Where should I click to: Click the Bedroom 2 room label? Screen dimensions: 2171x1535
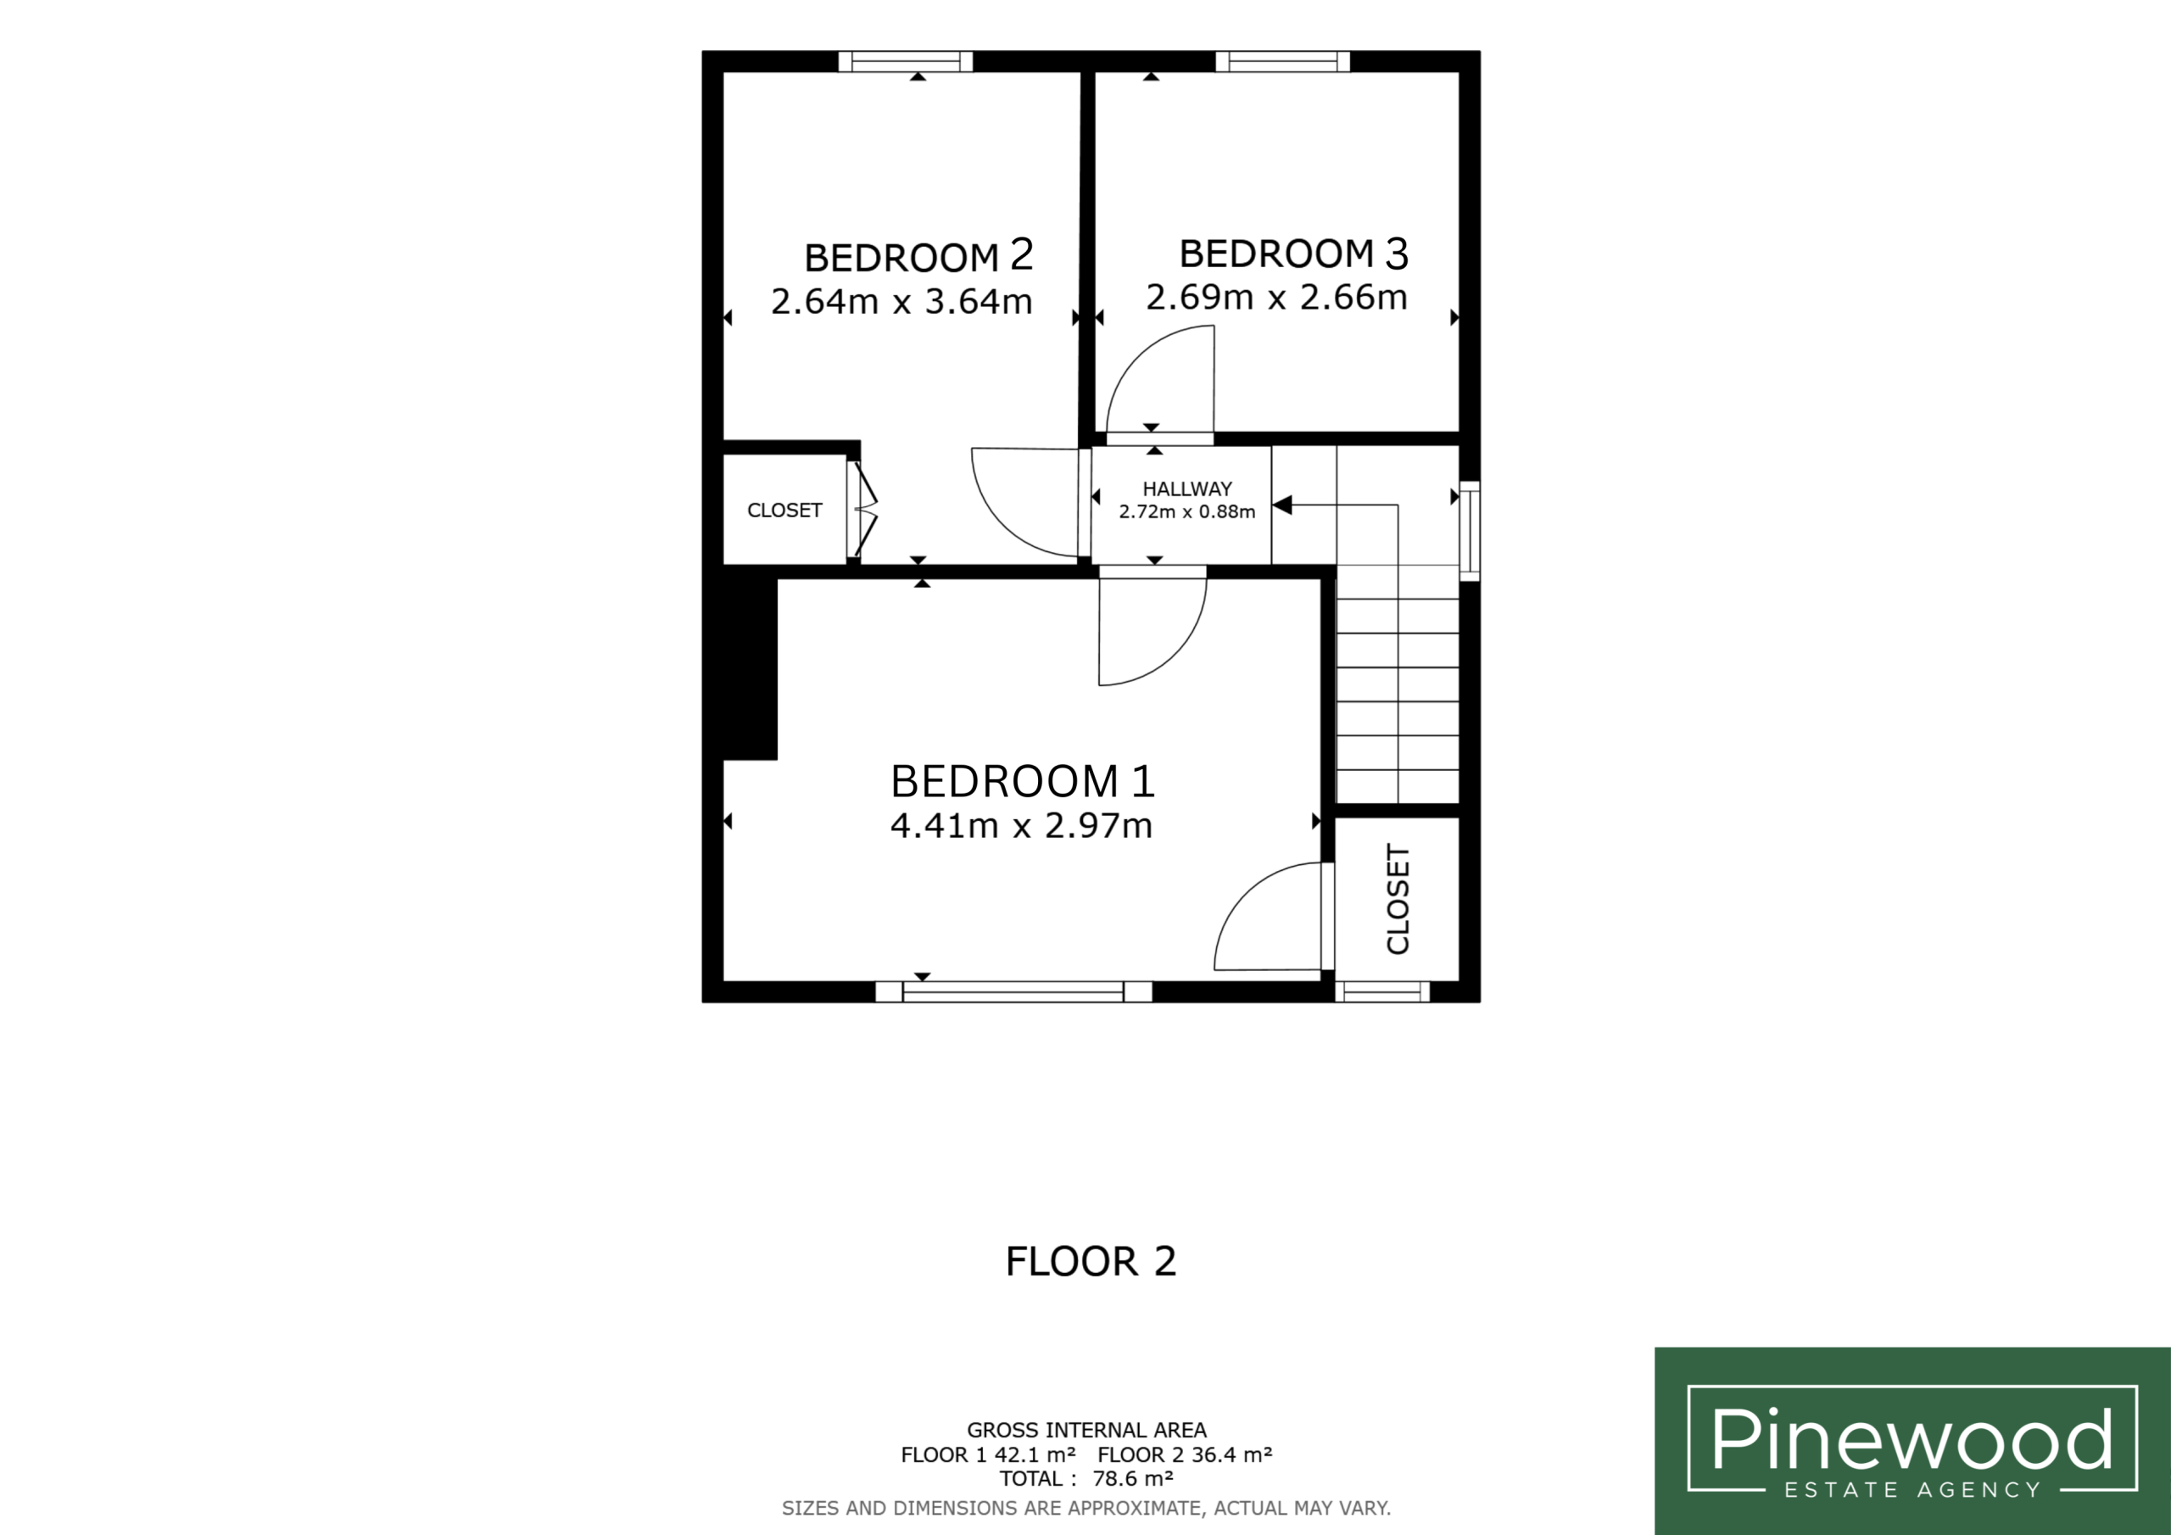918,255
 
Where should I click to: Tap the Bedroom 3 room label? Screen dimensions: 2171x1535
1293,253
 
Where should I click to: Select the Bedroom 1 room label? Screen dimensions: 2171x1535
1022,781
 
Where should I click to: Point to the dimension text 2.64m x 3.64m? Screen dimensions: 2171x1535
901,302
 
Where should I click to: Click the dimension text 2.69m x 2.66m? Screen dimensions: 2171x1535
1276,298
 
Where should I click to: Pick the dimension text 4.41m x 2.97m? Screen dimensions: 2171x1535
1021,826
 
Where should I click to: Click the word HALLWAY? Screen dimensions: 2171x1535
1186,489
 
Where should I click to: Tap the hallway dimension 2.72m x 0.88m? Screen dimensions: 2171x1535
1186,512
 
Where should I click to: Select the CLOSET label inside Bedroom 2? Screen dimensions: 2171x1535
784,511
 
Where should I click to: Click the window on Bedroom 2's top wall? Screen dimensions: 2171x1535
905,61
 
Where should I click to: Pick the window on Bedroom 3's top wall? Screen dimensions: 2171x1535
1282,61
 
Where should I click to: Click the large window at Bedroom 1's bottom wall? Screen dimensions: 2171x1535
1013,991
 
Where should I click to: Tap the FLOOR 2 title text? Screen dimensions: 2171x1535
1091,1262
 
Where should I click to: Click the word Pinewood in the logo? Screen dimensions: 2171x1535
1911,1438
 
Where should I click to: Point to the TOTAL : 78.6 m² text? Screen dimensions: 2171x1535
1086,1478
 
